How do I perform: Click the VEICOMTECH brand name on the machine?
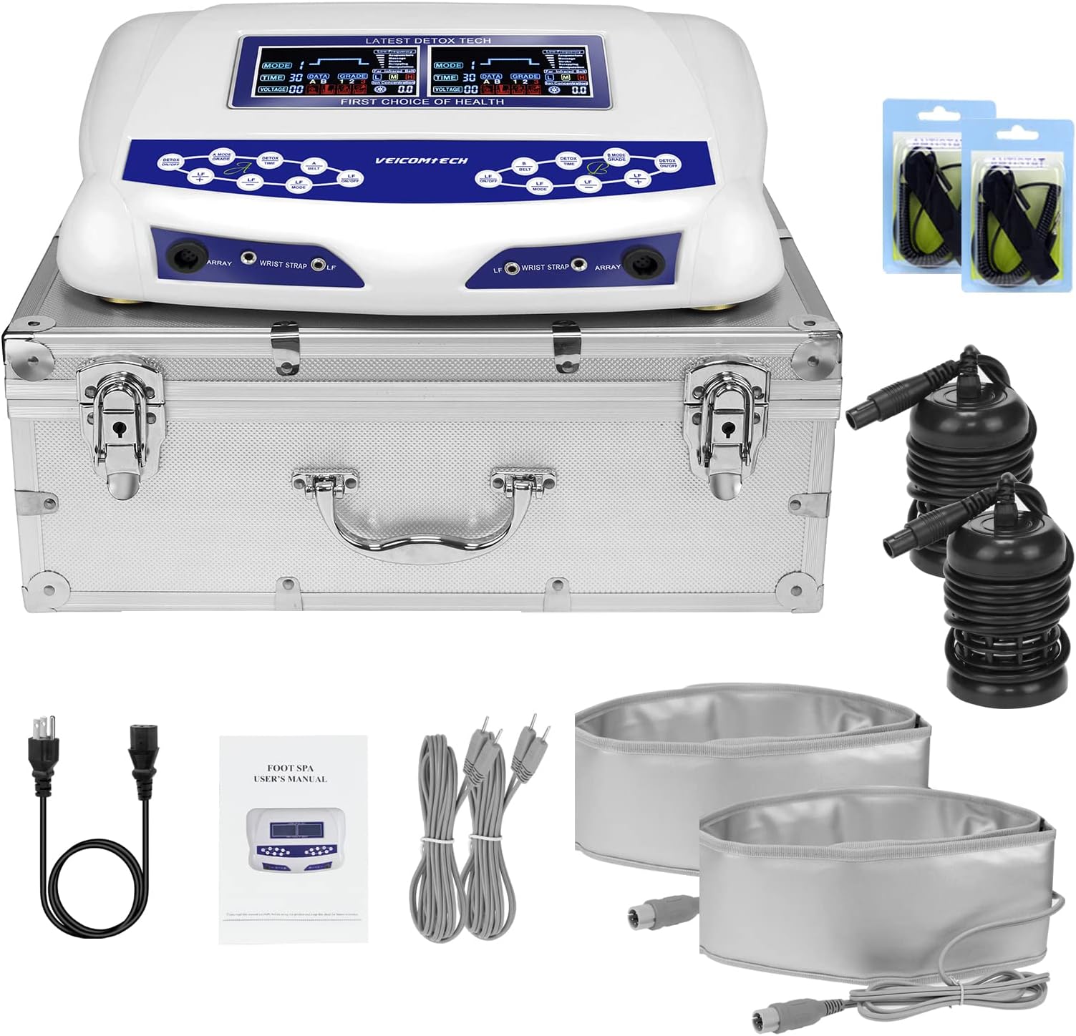click(422, 161)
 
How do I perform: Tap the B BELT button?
click(525, 167)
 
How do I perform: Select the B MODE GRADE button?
click(616, 157)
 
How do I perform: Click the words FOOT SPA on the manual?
click(291, 768)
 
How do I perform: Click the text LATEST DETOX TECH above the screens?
click(428, 41)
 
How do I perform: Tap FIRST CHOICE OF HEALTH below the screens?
click(422, 102)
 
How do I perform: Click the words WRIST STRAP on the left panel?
click(283, 265)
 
